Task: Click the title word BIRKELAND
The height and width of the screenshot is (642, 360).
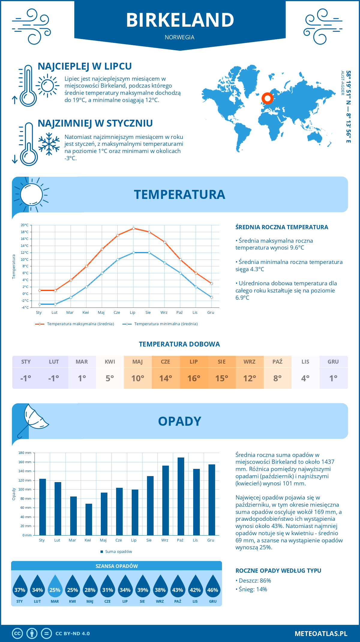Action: pyautogui.click(x=180, y=20)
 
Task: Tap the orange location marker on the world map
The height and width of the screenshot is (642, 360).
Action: pyautogui.click(x=267, y=98)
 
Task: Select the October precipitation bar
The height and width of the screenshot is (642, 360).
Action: pyautogui.click(x=181, y=496)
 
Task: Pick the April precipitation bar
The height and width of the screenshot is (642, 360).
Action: pyautogui.click(x=88, y=519)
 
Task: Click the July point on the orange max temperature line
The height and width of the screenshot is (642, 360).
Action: pyautogui.click(x=133, y=228)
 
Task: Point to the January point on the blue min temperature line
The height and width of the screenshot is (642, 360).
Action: pyautogui.click(x=40, y=304)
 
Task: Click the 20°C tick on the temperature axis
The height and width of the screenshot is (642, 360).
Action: pyautogui.click(x=25, y=225)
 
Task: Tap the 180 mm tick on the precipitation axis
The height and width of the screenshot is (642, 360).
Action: pyautogui.click(x=25, y=453)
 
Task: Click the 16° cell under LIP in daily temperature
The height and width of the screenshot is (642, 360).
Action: pyautogui.click(x=194, y=378)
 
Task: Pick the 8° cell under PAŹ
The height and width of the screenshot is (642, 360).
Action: pyautogui.click(x=277, y=378)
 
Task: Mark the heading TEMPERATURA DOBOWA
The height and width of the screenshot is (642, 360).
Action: pyautogui.click(x=179, y=344)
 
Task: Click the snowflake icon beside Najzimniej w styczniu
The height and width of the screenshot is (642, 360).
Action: pyautogui.click(x=49, y=144)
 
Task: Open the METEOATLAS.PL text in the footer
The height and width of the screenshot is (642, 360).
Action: pyautogui.click(x=321, y=633)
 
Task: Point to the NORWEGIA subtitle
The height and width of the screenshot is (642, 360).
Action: pyautogui.click(x=179, y=37)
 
